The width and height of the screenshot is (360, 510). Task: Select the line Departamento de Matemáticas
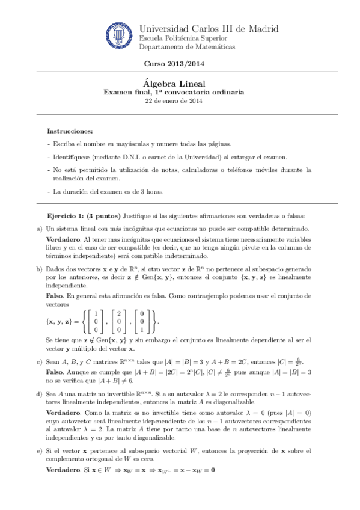(187, 47)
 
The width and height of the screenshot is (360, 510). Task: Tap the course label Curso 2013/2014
(174, 64)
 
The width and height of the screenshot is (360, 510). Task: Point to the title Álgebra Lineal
(174, 84)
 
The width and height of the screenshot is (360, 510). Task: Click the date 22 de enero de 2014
(174, 101)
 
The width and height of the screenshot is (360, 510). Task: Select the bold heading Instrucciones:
(70, 131)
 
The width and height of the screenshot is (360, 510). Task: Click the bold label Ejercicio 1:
(66, 215)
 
